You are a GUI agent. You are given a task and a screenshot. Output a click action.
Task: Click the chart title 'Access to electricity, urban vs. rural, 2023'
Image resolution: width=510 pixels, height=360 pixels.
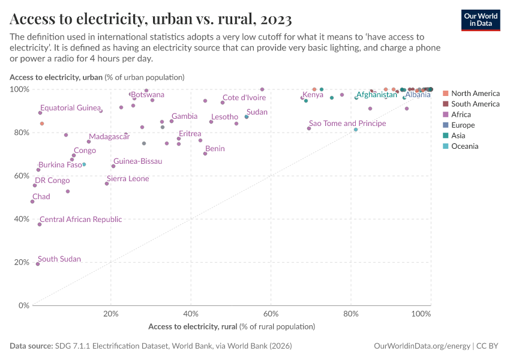[151, 20]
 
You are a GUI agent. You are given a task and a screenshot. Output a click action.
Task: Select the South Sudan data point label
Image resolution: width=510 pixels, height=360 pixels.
[59, 259]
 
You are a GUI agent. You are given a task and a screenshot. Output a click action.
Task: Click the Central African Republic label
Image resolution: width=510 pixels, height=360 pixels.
[80, 220]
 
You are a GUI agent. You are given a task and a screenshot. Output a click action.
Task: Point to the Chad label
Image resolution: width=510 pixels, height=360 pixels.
[41, 196]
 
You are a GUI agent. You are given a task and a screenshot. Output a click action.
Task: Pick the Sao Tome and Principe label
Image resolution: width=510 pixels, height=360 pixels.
[347, 123]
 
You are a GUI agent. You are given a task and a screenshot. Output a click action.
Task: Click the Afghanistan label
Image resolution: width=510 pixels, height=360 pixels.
[376, 95]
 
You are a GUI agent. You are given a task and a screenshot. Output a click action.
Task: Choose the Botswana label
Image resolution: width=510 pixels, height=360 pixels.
[148, 95]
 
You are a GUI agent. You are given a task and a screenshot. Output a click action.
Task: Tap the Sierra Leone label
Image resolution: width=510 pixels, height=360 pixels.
[128, 179]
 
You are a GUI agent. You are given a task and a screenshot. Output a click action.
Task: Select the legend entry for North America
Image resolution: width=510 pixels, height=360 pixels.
[475, 94]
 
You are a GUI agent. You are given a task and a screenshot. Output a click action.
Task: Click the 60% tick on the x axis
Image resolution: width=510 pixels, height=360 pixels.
[271, 314]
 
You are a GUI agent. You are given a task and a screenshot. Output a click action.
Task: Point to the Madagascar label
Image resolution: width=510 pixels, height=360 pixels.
[109, 137]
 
